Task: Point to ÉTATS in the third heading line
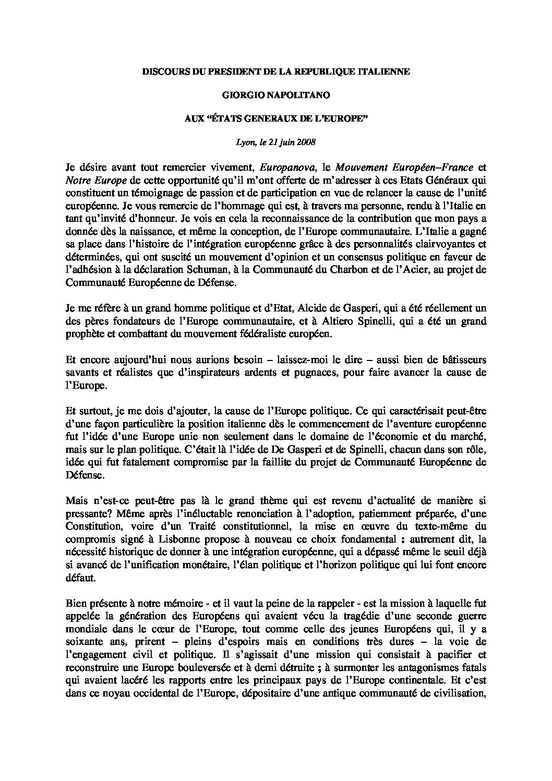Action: (231, 118)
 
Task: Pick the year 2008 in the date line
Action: (307, 141)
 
